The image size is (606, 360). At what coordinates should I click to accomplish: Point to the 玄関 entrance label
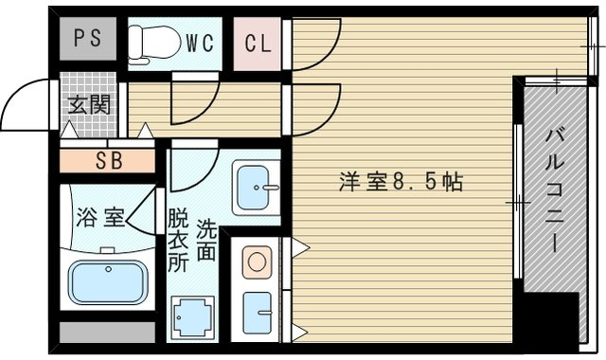(88, 103)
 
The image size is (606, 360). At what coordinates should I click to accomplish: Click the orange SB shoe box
(108, 160)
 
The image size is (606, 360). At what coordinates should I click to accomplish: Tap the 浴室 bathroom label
(99, 216)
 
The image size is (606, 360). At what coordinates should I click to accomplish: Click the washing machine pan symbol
(191, 315)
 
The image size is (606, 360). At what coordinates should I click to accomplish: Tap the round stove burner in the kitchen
(257, 261)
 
